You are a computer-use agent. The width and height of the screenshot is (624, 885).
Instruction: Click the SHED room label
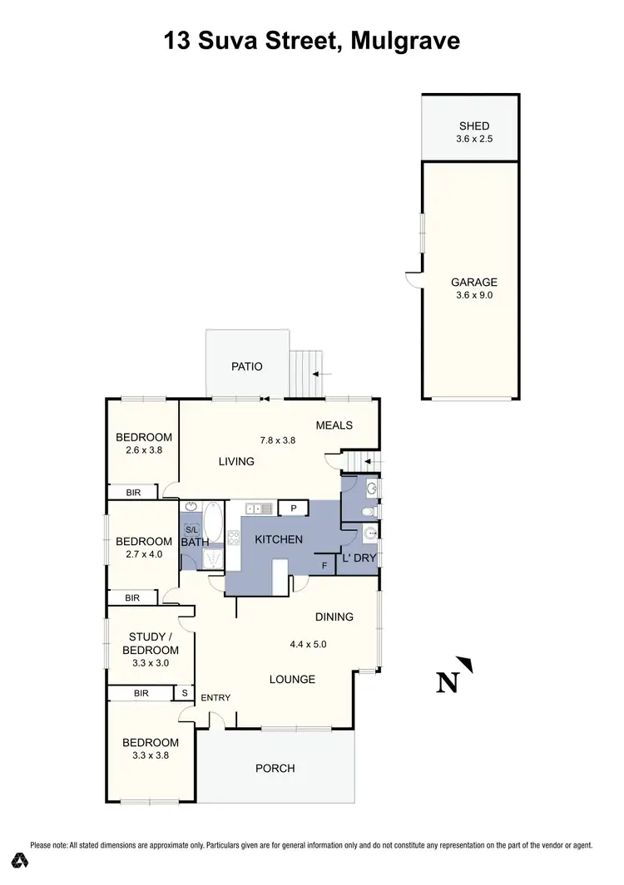[x=474, y=126]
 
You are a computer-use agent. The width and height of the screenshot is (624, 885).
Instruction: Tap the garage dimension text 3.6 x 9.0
[x=474, y=295]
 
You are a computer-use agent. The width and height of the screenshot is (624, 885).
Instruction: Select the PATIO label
[x=246, y=366]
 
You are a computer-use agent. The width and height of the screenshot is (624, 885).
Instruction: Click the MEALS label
[x=334, y=425]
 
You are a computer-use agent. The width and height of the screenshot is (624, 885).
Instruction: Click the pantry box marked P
[x=293, y=508]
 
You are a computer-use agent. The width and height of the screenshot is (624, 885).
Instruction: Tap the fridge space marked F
[x=325, y=566]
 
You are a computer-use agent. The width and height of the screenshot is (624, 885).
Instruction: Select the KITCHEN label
[x=278, y=539]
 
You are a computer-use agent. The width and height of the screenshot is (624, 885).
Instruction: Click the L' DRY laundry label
[x=359, y=558]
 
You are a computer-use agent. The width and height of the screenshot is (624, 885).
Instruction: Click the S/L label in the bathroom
[x=191, y=529]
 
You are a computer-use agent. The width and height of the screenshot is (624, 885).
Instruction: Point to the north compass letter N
[x=448, y=682]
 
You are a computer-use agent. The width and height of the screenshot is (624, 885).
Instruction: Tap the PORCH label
[x=275, y=768]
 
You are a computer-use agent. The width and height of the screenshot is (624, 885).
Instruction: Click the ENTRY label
[x=215, y=698]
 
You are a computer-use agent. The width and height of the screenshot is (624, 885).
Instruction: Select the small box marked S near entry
[x=184, y=693]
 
